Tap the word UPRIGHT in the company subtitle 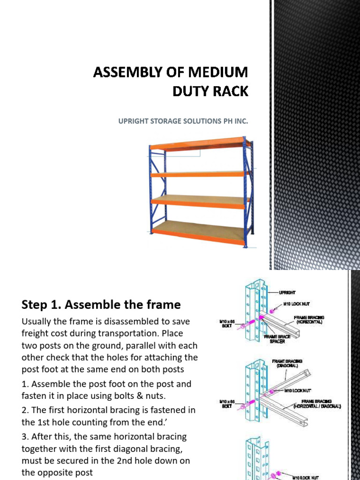133,121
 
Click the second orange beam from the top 199,174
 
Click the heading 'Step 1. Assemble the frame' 101,305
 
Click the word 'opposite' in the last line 58,473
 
